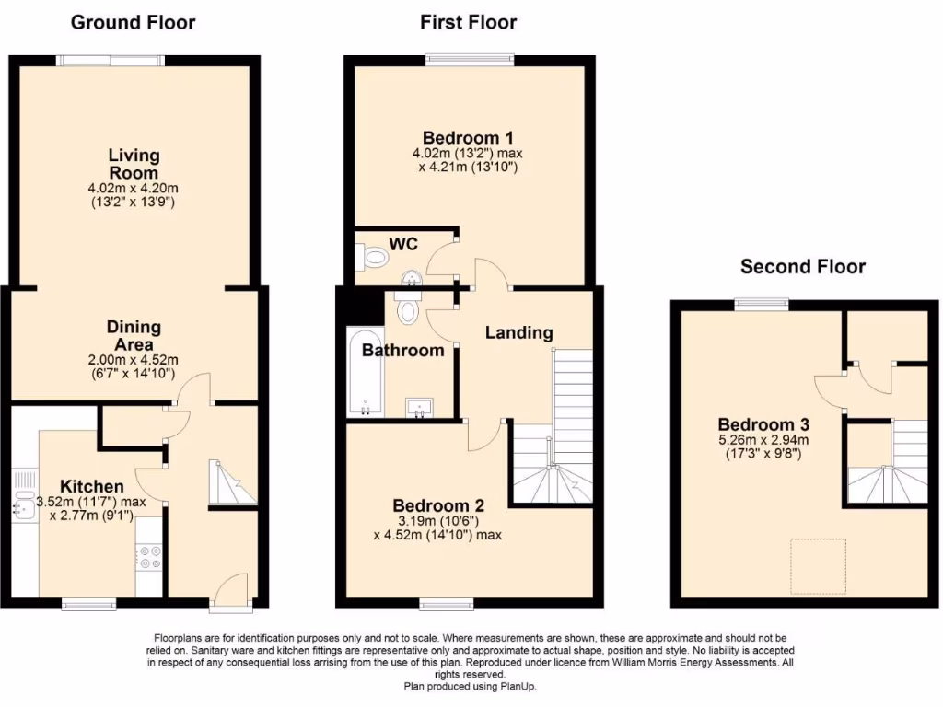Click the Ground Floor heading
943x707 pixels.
pyautogui.click(x=134, y=22)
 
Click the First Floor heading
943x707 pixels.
pyautogui.click(x=469, y=22)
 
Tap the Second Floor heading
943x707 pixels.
pyautogui.click(x=803, y=267)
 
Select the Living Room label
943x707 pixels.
pyautogui.click(x=134, y=164)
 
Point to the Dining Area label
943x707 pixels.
pyautogui.click(x=134, y=335)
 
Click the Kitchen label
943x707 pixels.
pyautogui.click(x=92, y=486)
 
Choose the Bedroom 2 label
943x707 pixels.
pyautogui.click(x=438, y=505)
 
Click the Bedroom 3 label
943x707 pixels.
pyautogui.click(x=763, y=424)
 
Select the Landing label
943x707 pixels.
pyautogui.click(x=519, y=332)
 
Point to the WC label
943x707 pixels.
pyautogui.click(x=403, y=244)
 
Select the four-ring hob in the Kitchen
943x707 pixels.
pyautogui.click(x=148, y=558)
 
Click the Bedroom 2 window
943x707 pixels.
pyautogui.click(x=448, y=605)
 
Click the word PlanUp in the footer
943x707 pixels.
pyautogui.click(x=518, y=687)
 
